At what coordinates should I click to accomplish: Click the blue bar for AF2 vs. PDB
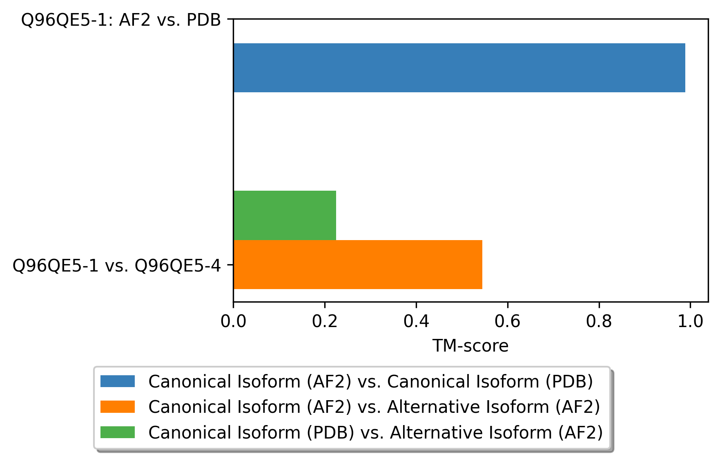pyautogui.click(x=459, y=68)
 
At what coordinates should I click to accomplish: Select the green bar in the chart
pyautogui.click(x=285, y=215)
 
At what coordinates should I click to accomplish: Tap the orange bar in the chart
pyautogui.click(x=358, y=265)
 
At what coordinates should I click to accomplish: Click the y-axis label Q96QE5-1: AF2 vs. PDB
pyautogui.click(x=121, y=20)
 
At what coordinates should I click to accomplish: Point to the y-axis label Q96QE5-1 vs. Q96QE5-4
pyautogui.click(x=117, y=266)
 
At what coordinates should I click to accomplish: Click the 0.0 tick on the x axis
pyautogui.click(x=233, y=321)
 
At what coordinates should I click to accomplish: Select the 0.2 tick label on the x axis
pyautogui.click(x=325, y=321)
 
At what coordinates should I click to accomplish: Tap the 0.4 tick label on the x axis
pyautogui.click(x=416, y=321)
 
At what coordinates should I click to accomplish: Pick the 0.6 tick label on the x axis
pyautogui.click(x=507, y=321)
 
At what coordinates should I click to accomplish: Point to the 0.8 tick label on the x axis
pyautogui.click(x=599, y=321)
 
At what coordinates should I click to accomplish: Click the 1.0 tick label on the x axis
pyautogui.click(x=690, y=321)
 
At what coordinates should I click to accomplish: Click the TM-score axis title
pyautogui.click(x=470, y=346)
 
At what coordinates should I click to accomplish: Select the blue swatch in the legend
pyautogui.click(x=118, y=381)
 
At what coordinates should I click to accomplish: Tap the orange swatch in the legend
pyautogui.click(x=118, y=407)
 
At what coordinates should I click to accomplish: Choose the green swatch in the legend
pyautogui.click(x=118, y=432)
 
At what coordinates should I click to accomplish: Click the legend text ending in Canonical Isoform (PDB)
pyautogui.click(x=370, y=382)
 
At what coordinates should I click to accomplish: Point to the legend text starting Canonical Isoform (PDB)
pyautogui.click(x=375, y=432)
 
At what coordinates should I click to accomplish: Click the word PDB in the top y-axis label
pyautogui.click(x=203, y=20)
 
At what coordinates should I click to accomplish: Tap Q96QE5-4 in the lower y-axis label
pyautogui.click(x=178, y=266)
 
